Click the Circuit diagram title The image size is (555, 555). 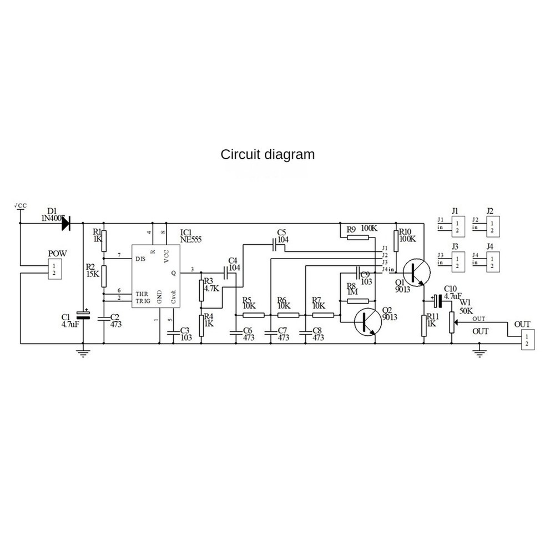click(268, 154)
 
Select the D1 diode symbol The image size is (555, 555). click(66, 224)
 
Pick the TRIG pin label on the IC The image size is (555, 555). click(143, 300)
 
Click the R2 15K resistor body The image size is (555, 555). click(104, 274)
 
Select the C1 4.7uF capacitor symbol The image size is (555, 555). click(83, 317)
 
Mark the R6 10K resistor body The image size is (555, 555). click(287, 315)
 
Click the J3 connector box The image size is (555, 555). click(457, 260)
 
